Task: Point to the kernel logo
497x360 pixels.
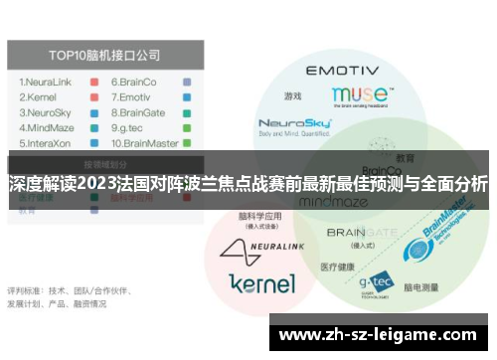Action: pos(262,283)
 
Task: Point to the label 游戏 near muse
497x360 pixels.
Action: pos(292,96)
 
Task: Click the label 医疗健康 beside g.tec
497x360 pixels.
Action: pos(338,267)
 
